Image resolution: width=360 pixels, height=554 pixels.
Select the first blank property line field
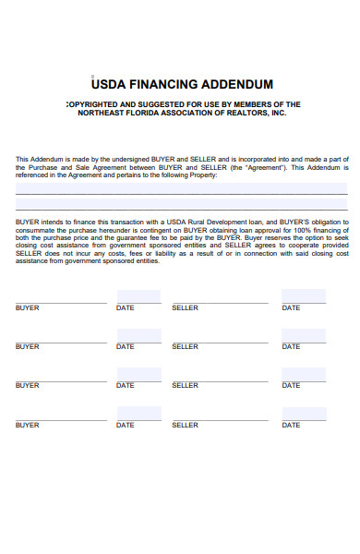click(181, 187)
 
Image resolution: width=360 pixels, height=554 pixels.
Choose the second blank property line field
click(181, 203)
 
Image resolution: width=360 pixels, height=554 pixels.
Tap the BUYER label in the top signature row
click(28, 307)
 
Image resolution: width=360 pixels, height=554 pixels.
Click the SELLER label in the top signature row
click(185, 307)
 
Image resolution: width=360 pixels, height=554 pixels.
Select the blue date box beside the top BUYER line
click(138, 296)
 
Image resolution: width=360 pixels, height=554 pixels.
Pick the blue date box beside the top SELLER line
click(303, 296)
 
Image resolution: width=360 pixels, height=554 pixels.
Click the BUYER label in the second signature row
click(28, 346)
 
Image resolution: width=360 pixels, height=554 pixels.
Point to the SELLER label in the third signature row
click(185, 385)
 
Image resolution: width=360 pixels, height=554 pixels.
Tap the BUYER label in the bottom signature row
click(28, 425)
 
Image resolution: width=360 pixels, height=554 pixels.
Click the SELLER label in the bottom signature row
click(185, 425)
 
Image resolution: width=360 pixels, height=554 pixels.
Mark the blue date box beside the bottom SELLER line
click(303, 414)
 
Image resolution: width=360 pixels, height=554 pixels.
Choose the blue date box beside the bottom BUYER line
click(138, 414)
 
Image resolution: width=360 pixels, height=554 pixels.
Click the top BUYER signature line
click(61, 302)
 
